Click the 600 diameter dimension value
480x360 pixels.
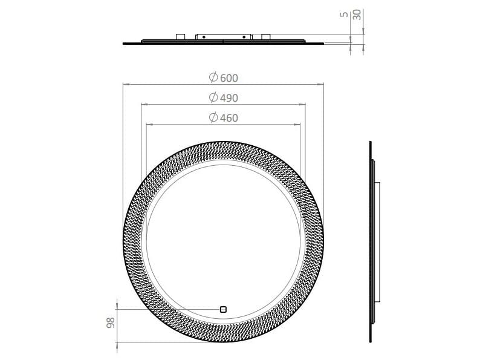(229, 77)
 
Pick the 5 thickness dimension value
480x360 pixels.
(344, 14)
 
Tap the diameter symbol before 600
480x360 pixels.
(213, 77)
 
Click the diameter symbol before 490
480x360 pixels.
(213, 97)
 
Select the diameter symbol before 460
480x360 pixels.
(213, 118)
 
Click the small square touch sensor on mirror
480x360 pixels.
(223, 309)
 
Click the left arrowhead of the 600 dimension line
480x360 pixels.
(125, 83)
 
